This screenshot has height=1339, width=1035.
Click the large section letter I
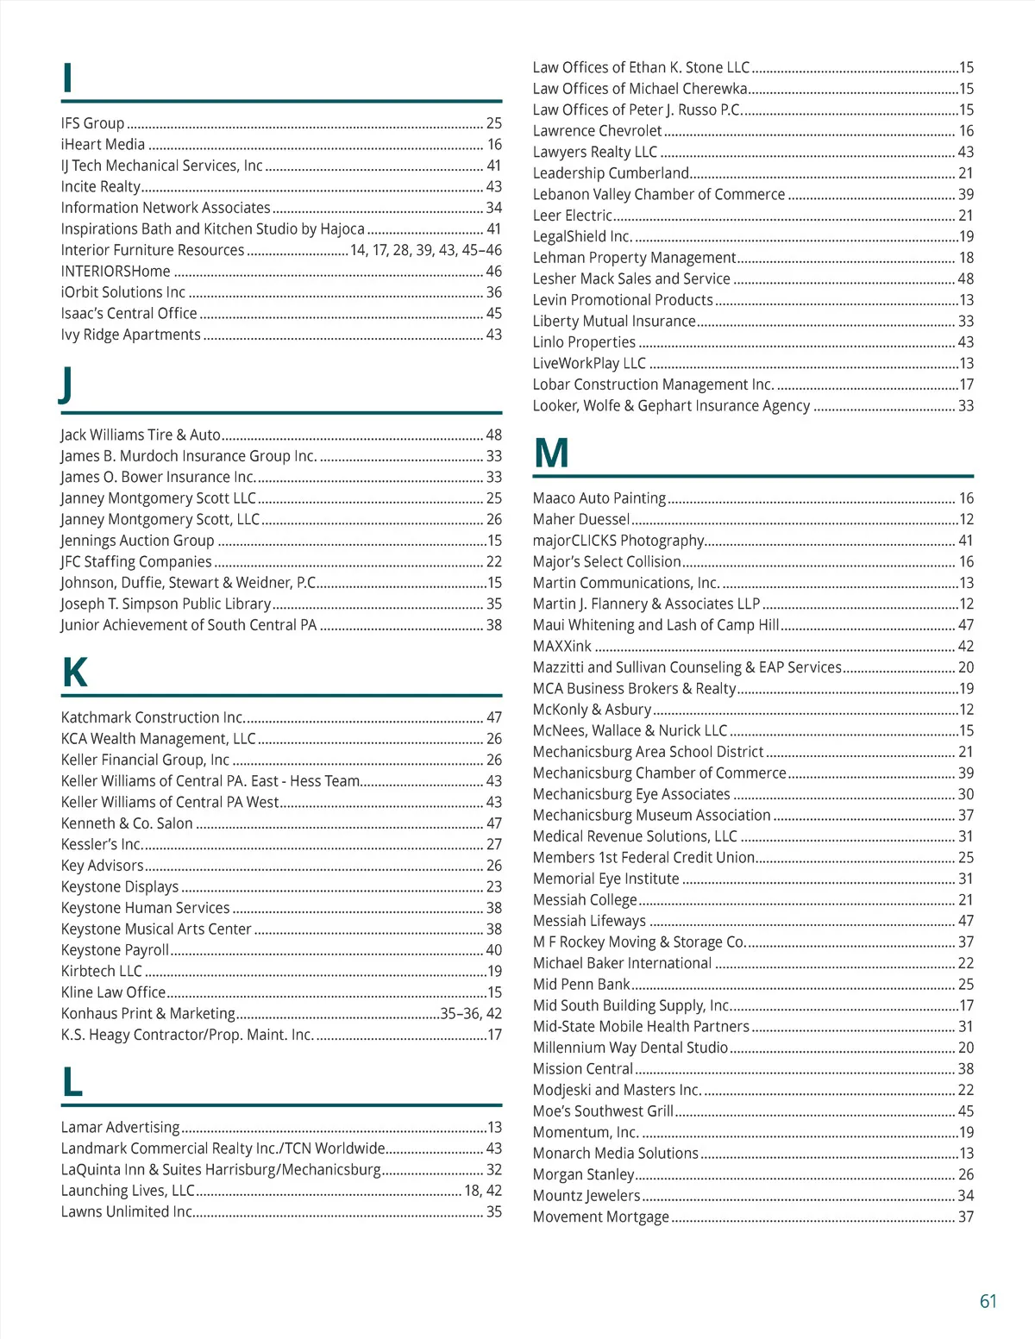click(x=67, y=78)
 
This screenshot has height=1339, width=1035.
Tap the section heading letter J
click(x=66, y=385)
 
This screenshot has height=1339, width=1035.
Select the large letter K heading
click(x=75, y=673)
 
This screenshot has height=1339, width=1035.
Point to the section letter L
click(x=72, y=1082)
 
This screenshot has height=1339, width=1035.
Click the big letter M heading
click(x=551, y=453)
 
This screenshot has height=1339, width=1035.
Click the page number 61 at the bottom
click(x=988, y=1301)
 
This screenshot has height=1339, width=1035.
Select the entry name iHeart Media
click(x=103, y=145)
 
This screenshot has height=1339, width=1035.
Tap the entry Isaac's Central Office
click(x=129, y=314)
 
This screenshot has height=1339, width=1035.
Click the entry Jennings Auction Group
click(x=137, y=541)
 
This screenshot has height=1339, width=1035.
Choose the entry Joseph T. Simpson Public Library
click(x=166, y=604)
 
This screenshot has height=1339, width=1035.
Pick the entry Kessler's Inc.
click(x=101, y=845)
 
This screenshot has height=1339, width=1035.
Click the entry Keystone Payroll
click(x=115, y=950)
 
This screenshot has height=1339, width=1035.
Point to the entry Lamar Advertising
click(x=120, y=1128)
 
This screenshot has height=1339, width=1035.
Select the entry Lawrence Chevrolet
click(x=597, y=131)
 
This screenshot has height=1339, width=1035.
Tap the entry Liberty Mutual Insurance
click(x=613, y=322)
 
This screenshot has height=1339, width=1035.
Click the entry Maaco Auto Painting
click(x=599, y=498)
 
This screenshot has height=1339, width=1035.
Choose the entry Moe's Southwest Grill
click(x=603, y=1111)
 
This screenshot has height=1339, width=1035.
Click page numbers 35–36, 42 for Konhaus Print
click(x=470, y=1014)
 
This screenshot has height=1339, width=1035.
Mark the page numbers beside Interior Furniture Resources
click(x=425, y=251)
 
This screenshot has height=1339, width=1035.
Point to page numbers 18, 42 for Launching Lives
click(x=482, y=1191)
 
